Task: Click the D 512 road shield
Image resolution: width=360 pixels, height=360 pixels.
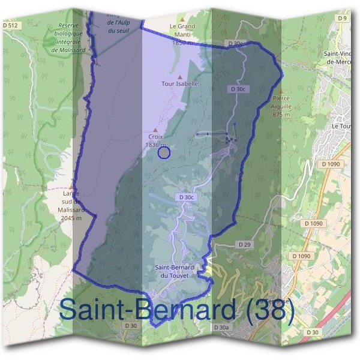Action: [x=11, y=25]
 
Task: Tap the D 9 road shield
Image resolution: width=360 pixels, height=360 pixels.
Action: [x=342, y=18]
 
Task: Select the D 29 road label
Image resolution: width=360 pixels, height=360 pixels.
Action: [x=244, y=244]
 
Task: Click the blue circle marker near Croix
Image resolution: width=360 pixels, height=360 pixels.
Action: [x=164, y=152]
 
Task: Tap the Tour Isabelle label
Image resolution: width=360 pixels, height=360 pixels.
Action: [x=179, y=84]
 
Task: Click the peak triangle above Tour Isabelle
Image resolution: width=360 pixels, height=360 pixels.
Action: [x=180, y=77]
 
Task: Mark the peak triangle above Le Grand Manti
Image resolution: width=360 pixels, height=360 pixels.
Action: [x=182, y=19]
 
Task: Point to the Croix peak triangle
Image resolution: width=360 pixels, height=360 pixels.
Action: [x=155, y=130]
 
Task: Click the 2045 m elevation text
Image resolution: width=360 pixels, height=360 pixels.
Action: [x=71, y=218]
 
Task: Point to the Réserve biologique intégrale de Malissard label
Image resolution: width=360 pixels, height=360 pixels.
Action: [x=69, y=38]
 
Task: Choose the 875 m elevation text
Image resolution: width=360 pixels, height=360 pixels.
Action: [x=281, y=114]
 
